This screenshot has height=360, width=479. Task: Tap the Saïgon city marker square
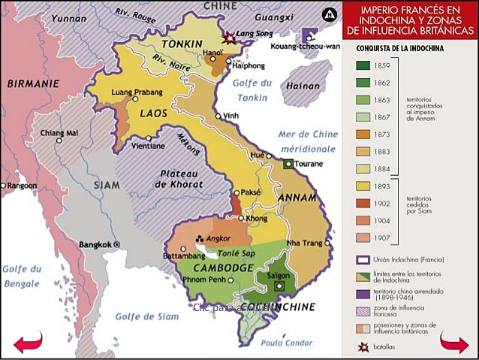[280, 286]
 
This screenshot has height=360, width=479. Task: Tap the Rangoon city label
[21, 185]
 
